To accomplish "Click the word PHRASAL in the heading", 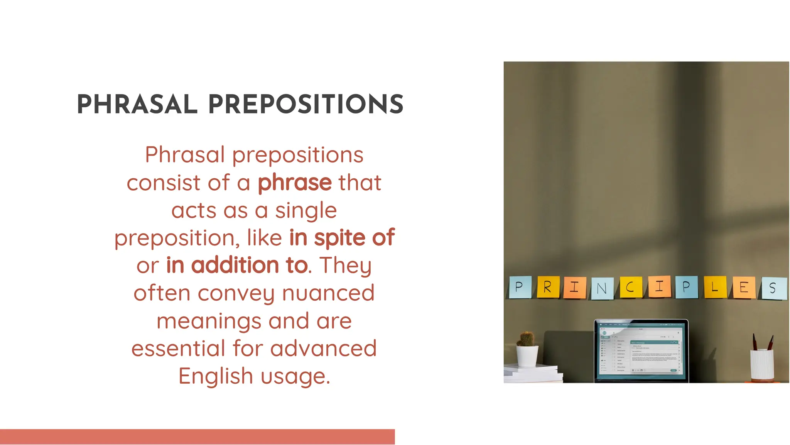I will point(137,105).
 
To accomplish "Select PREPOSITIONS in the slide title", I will point(306,105).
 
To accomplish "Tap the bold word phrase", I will point(295,183).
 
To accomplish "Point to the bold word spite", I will point(339,238).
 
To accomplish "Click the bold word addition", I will point(235,266).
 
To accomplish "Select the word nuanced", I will point(328,293).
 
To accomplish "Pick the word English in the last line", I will point(215,376).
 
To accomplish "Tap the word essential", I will point(178,349).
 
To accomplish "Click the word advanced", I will point(323,349).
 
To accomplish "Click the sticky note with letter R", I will point(548,287).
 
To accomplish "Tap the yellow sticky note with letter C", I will point(631,287).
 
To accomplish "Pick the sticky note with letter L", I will point(715,287).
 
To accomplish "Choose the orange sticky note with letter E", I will point(743,288).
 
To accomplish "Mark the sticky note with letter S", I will point(773,289).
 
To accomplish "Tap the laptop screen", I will point(641,349).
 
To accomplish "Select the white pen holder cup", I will point(762,365).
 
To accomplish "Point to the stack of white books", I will point(532,374).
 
